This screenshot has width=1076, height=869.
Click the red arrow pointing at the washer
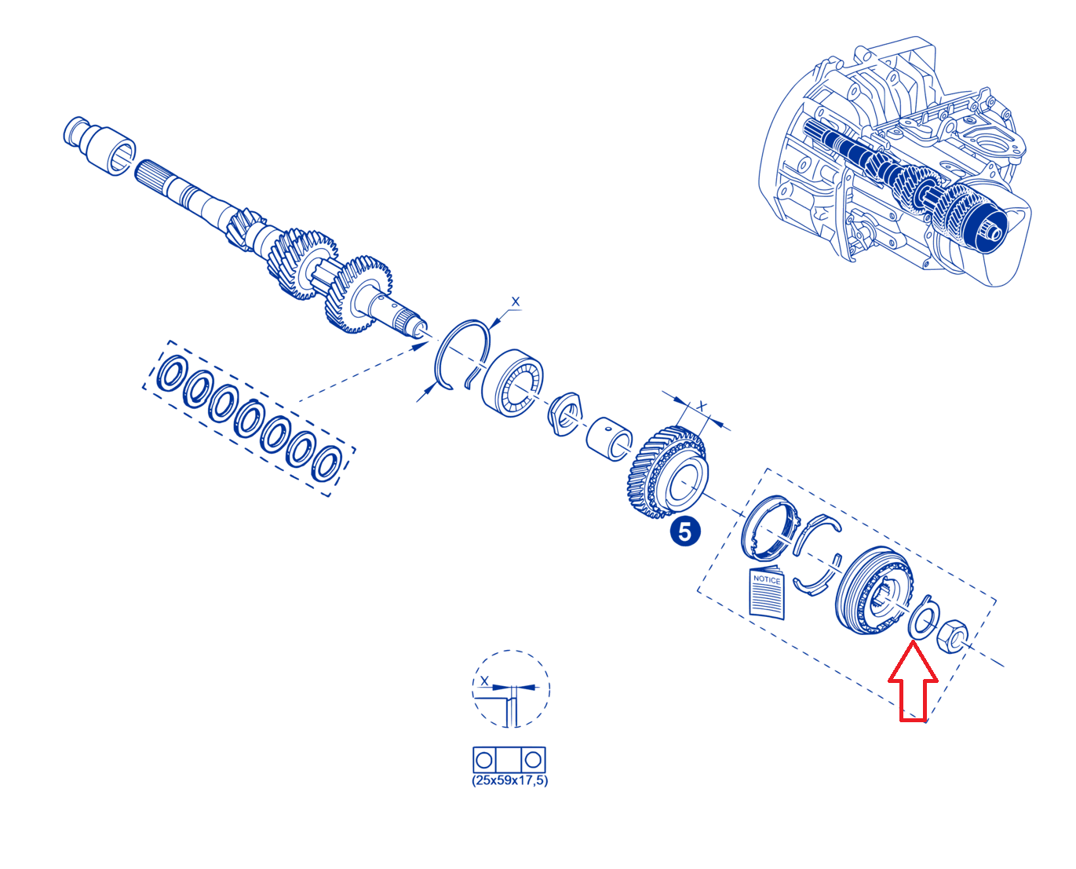click(912, 680)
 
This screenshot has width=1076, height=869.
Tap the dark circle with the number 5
click(684, 531)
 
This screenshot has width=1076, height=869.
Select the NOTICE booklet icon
click(767, 593)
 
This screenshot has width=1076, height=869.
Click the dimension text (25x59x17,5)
click(509, 780)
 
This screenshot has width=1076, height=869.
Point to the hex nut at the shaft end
click(952, 636)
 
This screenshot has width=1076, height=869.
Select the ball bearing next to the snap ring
click(512, 382)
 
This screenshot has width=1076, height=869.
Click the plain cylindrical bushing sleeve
click(609, 439)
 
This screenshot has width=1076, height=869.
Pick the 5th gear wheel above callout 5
click(667, 471)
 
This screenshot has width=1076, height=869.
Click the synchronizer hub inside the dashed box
click(874, 590)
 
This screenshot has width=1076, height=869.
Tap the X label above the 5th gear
click(701, 405)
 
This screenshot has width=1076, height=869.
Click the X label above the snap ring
click(516, 301)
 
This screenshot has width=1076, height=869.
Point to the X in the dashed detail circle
click(484, 681)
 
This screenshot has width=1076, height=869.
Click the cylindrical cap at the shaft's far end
click(100, 146)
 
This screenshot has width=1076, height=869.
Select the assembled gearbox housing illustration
click(895, 161)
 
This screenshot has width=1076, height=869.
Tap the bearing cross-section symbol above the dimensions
click(509, 759)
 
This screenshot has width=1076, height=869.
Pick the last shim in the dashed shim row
click(326, 463)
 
